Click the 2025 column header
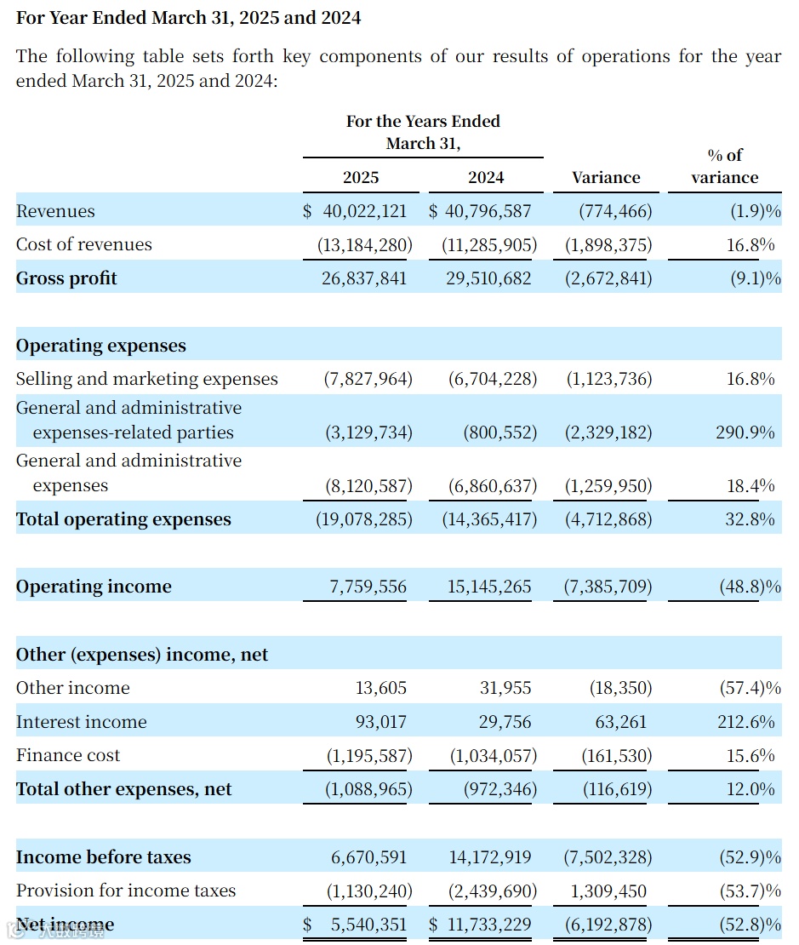[x=361, y=178]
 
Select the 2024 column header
[x=486, y=178]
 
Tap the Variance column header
[x=606, y=178]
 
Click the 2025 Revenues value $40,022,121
[x=356, y=211]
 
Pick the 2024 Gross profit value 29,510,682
[x=488, y=278]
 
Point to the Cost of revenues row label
[x=84, y=245]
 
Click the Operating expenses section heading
[x=101, y=346]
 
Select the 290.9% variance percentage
[x=745, y=432]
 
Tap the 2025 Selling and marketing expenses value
[x=368, y=380]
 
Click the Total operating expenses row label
[x=123, y=519]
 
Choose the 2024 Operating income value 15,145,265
[x=488, y=587]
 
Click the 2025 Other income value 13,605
[x=380, y=688]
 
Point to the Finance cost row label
[x=68, y=755]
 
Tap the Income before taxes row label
[x=104, y=857]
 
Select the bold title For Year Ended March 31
[x=188, y=17]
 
